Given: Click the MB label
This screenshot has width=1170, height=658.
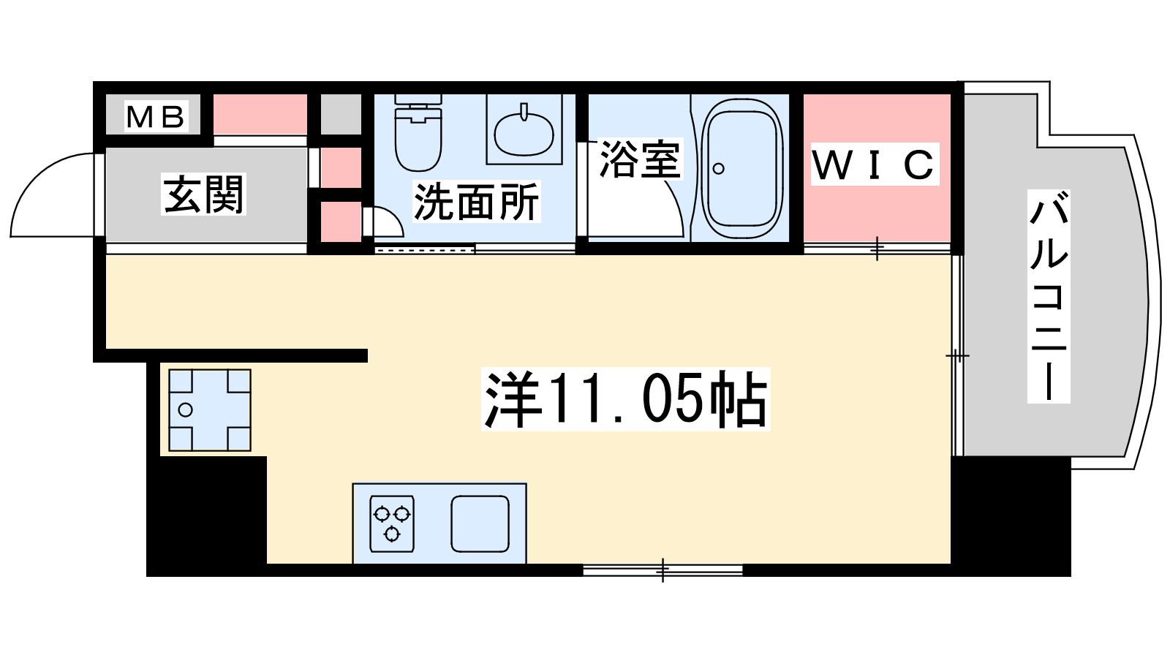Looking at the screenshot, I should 155,116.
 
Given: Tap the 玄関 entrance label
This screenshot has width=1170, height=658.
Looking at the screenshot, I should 203,194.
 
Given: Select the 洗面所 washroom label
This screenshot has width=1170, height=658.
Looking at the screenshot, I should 476,202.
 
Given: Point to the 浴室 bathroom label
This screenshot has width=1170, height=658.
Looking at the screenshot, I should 639,159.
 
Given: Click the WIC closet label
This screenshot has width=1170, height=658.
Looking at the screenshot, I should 874,164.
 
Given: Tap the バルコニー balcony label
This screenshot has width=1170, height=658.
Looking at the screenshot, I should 1049,296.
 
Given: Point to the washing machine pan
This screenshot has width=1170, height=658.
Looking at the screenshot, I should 209,410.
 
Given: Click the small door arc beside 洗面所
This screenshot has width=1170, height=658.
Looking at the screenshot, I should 385,222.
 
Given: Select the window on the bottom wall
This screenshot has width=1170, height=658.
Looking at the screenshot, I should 663,570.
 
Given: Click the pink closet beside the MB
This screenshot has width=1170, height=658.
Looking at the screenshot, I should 260,114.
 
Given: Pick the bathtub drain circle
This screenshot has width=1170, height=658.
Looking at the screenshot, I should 718,169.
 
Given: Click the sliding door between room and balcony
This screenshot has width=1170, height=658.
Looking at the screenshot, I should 956,356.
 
